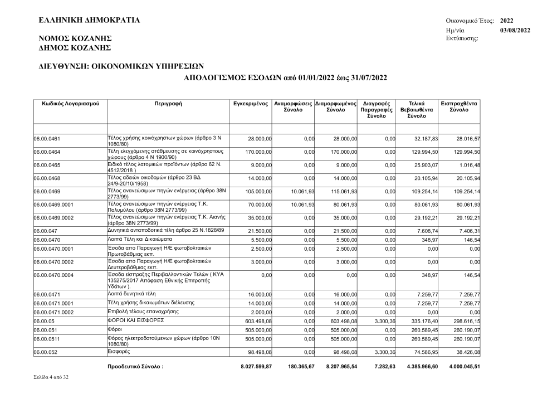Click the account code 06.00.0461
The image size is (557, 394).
coord(47,139)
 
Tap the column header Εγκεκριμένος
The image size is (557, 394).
coord(251,104)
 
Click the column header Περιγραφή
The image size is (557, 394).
coord(168,104)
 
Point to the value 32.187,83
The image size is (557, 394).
coord(427,139)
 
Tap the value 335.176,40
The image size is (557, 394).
coord(427,322)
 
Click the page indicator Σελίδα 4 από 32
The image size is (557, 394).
coord(52,378)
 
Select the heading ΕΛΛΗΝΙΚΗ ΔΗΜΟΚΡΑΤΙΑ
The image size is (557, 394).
coord(89,21)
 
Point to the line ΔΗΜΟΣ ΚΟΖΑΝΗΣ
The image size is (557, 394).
coord(75,48)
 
